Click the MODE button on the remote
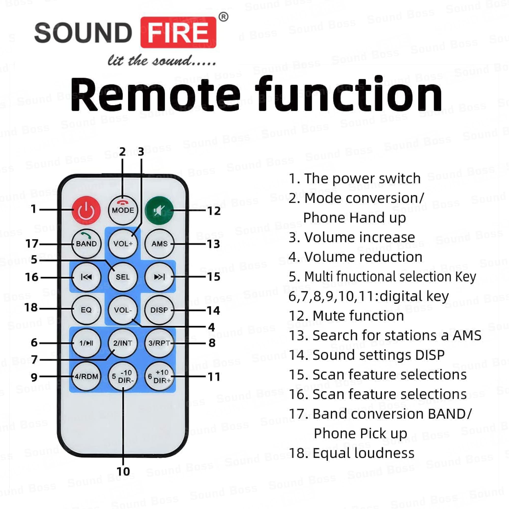point(123,210)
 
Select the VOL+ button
point(123,243)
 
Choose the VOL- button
point(123,310)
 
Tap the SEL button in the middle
point(123,277)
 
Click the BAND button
point(86,243)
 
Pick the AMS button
point(159,243)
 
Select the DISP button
point(159,310)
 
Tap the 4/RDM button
point(86,376)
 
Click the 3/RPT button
point(159,343)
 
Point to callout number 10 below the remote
point(123,472)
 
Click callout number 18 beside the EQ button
point(31,308)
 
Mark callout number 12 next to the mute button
point(214,211)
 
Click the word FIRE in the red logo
point(178,32)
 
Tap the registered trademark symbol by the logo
point(223,17)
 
